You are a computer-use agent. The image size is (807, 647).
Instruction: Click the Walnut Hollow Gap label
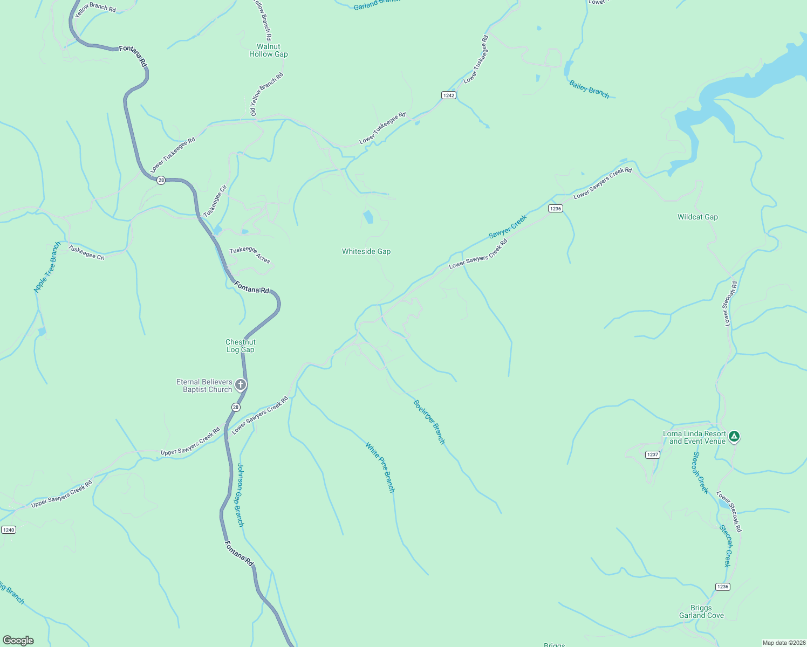tap(268, 51)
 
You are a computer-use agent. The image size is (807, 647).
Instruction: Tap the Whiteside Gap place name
tap(366, 252)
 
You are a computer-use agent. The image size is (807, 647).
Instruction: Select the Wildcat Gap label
tap(697, 217)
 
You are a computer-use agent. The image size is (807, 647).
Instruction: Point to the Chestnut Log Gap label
tap(241, 346)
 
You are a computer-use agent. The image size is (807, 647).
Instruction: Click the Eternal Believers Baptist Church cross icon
tap(241, 385)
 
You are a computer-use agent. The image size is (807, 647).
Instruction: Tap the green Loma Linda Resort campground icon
tap(734, 437)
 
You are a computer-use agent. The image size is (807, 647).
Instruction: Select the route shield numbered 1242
tap(449, 95)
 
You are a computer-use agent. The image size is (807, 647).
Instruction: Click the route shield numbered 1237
tap(653, 455)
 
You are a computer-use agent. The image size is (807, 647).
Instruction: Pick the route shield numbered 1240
tap(9, 530)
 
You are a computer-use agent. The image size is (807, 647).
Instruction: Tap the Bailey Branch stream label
tap(589, 90)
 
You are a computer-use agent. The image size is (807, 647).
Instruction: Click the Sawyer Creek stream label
tap(507, 227)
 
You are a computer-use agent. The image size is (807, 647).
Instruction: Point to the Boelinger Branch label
tap(429, 422)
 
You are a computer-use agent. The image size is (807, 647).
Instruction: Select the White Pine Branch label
tap(380, 467)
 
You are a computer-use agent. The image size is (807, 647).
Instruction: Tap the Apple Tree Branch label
tap(47, 267)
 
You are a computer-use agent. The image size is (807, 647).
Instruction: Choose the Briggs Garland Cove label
tap(701, 612)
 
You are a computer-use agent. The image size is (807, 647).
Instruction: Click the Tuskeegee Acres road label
tap(250, 254)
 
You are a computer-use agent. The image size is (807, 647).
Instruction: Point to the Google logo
tap(18, 641)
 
